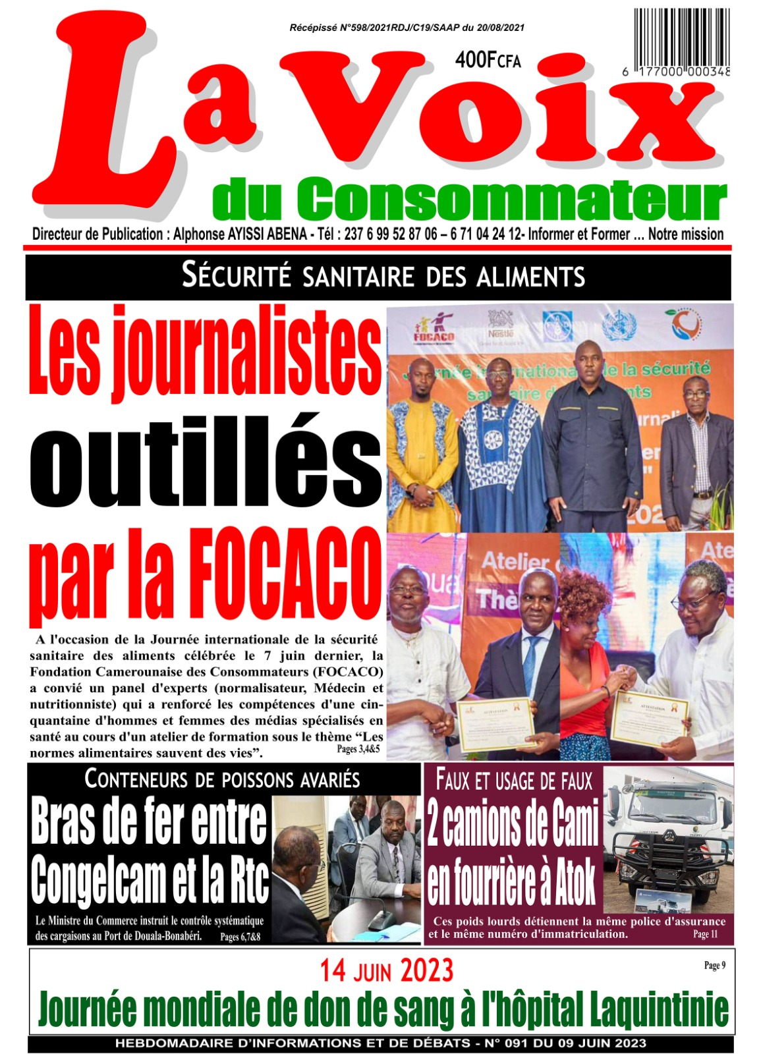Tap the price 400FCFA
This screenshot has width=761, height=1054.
click(488, 61)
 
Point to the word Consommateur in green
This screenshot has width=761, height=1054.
click(511, 200)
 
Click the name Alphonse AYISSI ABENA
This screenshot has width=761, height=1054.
click(240, 235)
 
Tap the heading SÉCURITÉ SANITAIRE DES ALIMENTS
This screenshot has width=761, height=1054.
click(383, 276)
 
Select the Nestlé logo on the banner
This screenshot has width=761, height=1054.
click(500, 324)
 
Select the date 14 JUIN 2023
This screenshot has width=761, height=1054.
click(387, 971)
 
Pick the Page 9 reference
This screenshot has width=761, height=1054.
click(714, 965)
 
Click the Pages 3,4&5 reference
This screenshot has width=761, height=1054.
click(358, 749)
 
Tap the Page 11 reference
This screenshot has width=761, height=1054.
click(705, 934)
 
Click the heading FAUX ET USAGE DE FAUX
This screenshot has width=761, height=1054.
click(515, 781)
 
